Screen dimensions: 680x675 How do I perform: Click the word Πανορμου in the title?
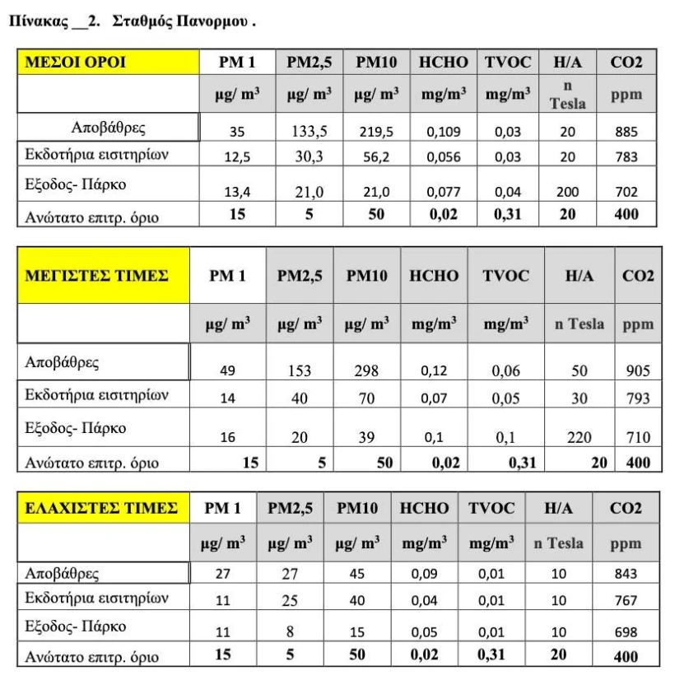coord(212,21)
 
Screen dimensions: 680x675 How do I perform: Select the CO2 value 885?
coord(626,129)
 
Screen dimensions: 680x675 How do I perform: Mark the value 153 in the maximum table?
coord(300,370)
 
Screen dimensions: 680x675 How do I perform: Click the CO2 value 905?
coord(638,370)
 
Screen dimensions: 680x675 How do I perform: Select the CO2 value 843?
coord(626,573)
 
